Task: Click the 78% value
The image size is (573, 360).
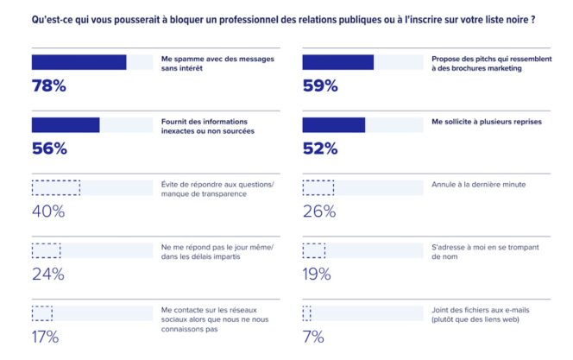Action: tap(49, 85)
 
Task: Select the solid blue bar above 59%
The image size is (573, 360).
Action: tap(337, 62)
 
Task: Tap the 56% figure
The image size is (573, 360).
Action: tap(49, 148)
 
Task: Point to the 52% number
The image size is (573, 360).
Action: tap(320, 148)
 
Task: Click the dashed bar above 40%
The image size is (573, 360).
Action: tap(55, 187)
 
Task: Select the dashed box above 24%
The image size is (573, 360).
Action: tap(46, 250)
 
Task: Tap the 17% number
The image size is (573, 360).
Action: tap(45, 337)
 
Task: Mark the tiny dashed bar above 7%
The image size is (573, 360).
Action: tap(306, 313)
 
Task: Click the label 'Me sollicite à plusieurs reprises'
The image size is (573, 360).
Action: tap(486, 122)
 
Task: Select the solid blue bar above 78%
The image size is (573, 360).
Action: tap(79, 62)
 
